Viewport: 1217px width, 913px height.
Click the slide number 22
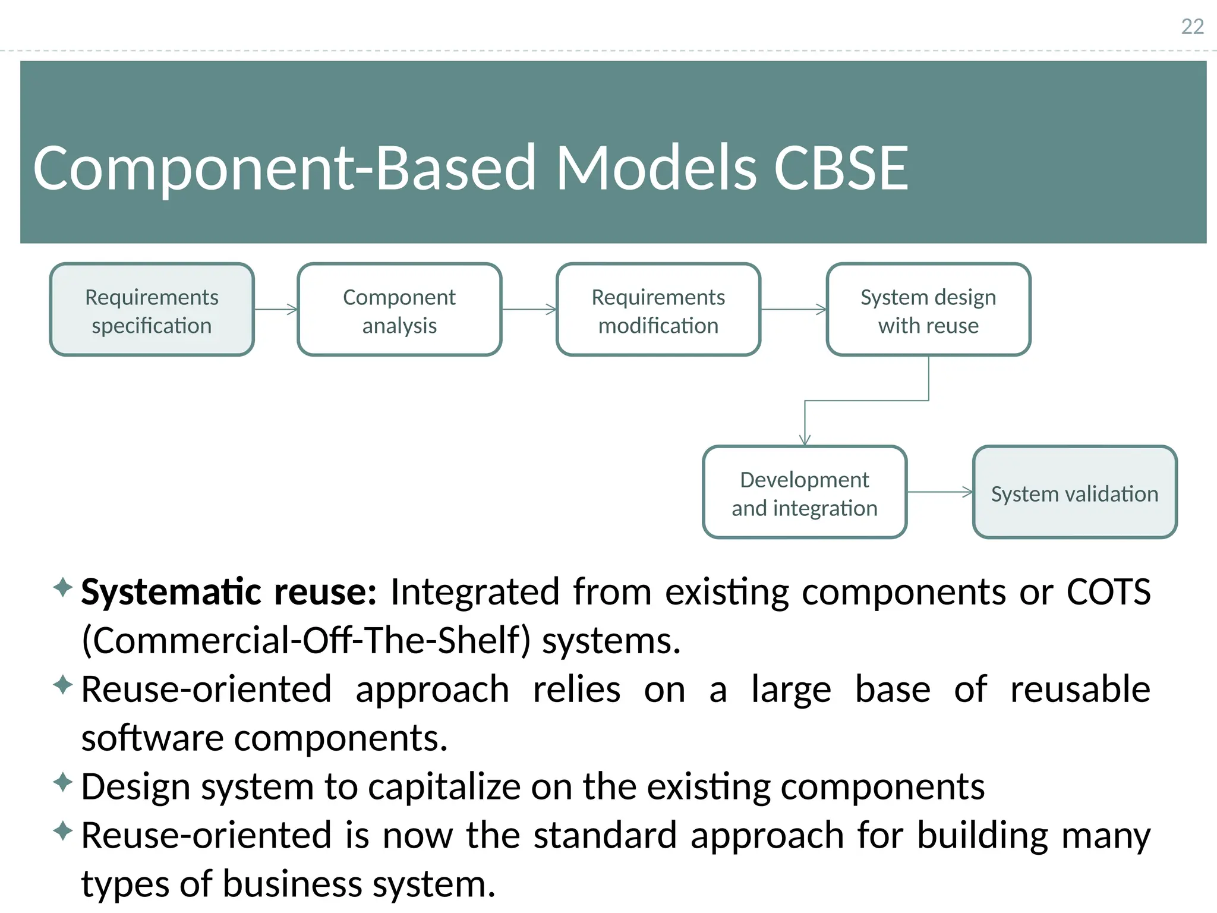(1192, 27)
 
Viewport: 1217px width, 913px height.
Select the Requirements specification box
(152, 310)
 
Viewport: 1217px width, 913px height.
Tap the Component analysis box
(399, 310)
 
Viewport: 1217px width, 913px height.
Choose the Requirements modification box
(658, 310)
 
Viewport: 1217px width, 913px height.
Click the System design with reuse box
(928, 310)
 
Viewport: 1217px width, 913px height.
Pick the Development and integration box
(805, 493)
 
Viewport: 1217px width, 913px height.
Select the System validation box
(1074, 493)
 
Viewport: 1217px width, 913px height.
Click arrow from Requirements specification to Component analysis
(276, 309)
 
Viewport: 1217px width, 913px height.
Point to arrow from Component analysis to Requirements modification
(529, 309)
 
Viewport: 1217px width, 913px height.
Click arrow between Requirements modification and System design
(793, 309)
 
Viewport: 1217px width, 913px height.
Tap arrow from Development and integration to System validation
(939, 492)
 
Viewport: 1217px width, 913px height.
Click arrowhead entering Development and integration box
(805, 440)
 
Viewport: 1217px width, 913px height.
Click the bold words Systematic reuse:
(229, 592)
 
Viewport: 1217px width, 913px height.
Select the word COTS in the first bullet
(1108, 592)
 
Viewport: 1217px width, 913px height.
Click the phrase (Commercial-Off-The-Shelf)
(306, 641)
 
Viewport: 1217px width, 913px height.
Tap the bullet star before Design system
(62, 782)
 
